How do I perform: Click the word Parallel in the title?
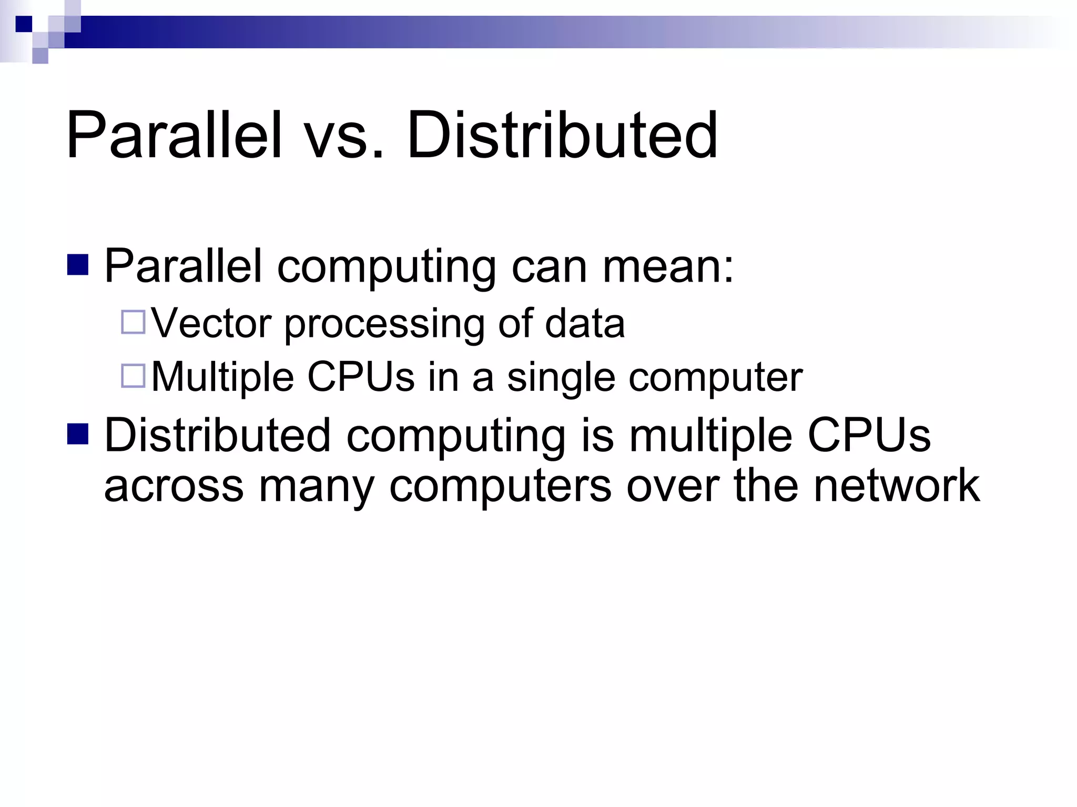click(174, 136)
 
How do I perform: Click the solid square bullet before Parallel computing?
click(78, 265)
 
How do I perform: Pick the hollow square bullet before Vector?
click(133, 322)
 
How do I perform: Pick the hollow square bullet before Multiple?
click(133, 376)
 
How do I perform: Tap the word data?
click(585, 323)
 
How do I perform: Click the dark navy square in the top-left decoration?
click(24, 24)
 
